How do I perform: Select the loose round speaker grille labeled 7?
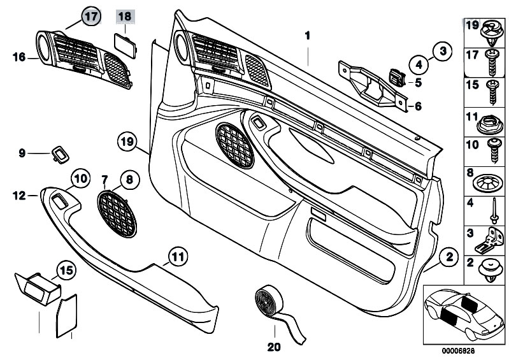click(x=117, y=214)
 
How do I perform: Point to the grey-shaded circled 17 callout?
click(x=92, y=17)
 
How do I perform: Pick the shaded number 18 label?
click(x=125, y=17)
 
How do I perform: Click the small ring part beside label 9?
click(x=61, y=154)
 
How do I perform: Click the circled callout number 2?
click(x=449, y=258)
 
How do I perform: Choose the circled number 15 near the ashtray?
click(x=66, y=271)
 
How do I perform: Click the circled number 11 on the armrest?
click(x=179, y=258)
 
